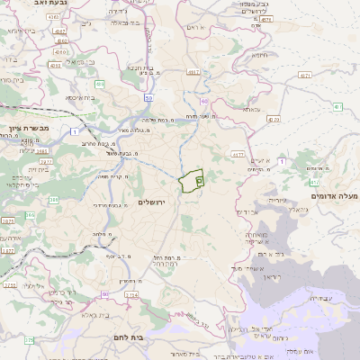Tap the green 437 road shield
[x=338, y=108]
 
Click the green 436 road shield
[x=100, y=84]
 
